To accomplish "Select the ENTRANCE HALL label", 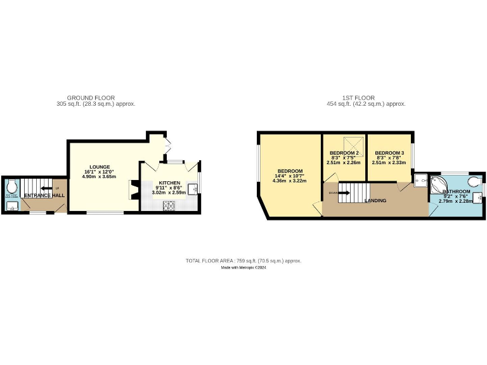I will point(44,196).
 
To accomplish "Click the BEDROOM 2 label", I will point(344,153).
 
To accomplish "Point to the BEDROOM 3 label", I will point(389,153).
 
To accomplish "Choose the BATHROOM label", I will point(457,191).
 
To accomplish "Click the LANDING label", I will point(375,201).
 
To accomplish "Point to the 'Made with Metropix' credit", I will point(243,267).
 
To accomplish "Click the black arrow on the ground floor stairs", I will point(46,188).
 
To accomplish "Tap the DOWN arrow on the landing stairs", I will point(342,193).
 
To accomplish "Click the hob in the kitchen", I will point(170,205).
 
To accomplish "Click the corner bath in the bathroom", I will point(438,184).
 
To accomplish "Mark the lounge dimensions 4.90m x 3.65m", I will point(100,176).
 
